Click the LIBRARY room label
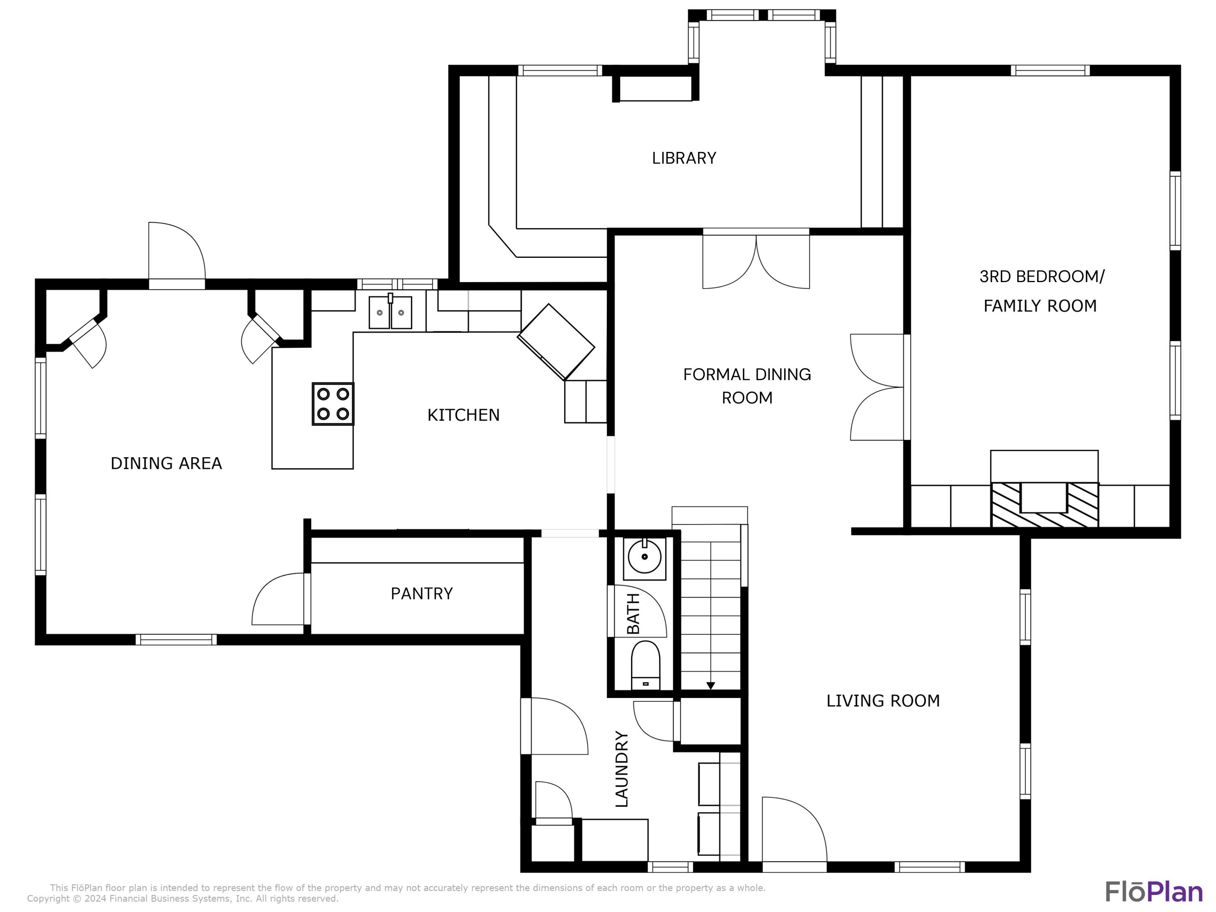coord(684,158)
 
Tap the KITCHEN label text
coord(463,415)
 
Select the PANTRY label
coord(422,594)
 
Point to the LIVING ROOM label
coord(883,701)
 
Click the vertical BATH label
coord(633,614)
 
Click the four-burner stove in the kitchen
coord(333,404)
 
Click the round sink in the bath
coord(644,557)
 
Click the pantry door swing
coord(279,601)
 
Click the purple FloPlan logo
coord(1154,892)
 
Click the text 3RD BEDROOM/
coord(1041,276)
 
